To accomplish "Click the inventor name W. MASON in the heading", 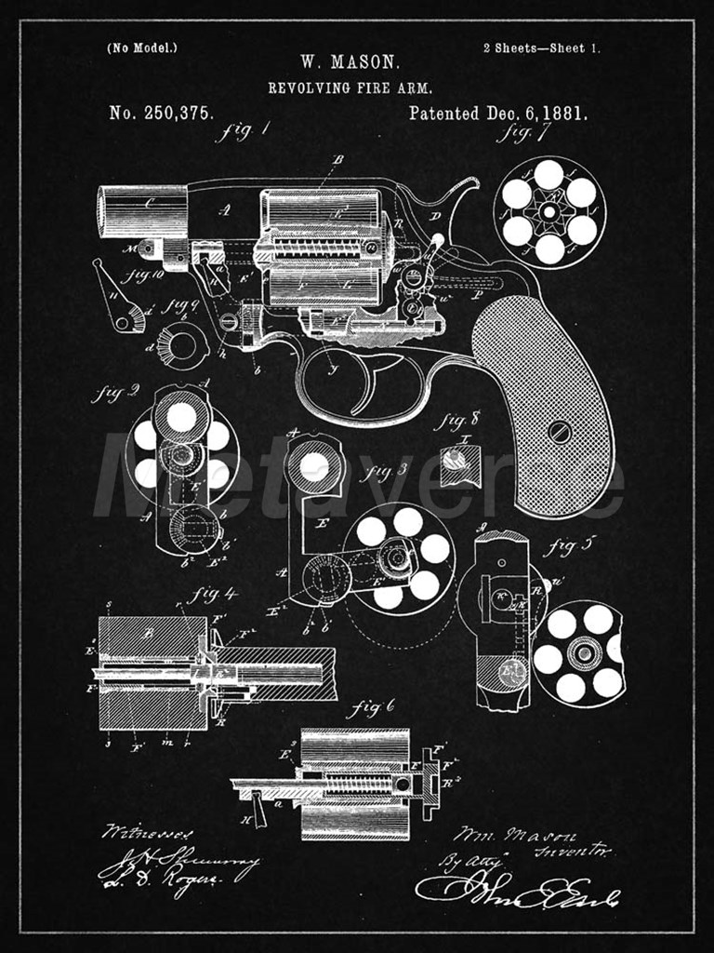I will (x=350, y=62).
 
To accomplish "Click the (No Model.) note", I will (x=142, y=47).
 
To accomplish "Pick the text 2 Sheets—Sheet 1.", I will (x=540, y=47).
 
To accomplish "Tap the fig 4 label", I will (x=213, y=595).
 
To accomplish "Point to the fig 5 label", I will (x=563, y=546).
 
